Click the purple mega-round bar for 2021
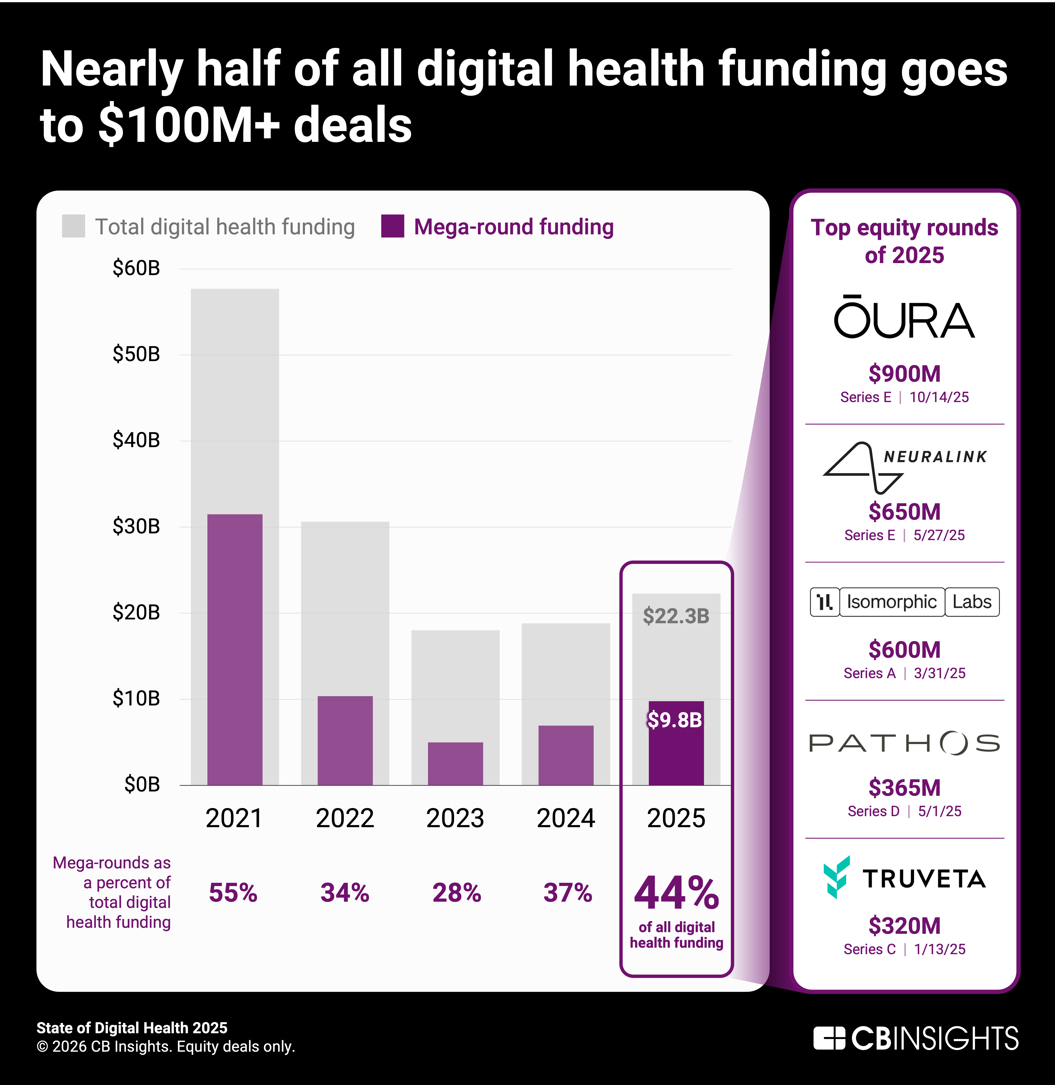pyautogui.click(x=235, y=648)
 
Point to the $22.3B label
pyautogui.click(x=676, y=616)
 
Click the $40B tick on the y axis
pyautogui.click(x=136, y=440)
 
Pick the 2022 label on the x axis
pyautogui.click(x=345, y=818)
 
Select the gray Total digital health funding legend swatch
pyautogui.click(x=74, y=226)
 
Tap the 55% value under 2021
pyautogui.click(x=233, y=893)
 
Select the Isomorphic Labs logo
pyautogui.click(x=904, y=602)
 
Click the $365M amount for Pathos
pyautogui.click(x=904, y=788)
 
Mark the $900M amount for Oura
pyautogui.click(x=904, y=374)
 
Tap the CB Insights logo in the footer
pyautogui.click(x=915, y=1038)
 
